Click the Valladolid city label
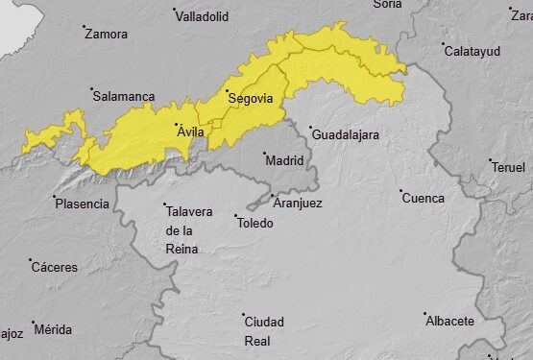pos(204,16)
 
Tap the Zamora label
pos(106,35)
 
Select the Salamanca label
pos(123,96)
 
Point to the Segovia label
pos(251,98)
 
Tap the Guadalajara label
pos(345,134)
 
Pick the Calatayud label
pos(472,51)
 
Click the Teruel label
pos(508,167)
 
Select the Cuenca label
pos(423,199)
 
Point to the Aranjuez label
pos(298,204)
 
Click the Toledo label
pos(254,224)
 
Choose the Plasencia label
pos(83,204)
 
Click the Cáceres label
pos(55,267)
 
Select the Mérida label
pos(53,329)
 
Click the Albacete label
pos(450,321)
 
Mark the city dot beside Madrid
pos(265,153)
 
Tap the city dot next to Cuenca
pos(400,191)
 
